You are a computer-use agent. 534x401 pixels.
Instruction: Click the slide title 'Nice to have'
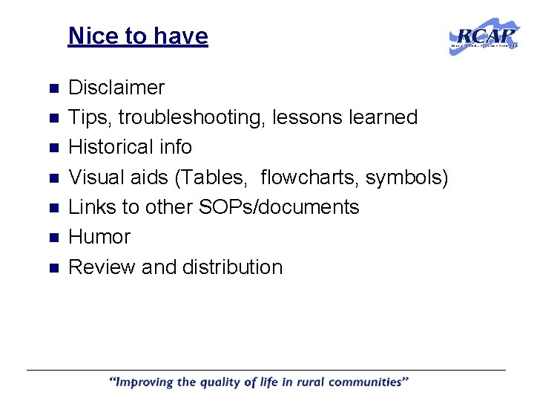(138, 36)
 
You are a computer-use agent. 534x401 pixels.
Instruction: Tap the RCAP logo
(484, 36)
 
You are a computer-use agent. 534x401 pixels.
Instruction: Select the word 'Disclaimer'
(116, 88)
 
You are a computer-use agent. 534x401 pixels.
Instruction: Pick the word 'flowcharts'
(309, 177)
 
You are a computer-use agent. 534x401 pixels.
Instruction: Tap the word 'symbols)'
(406, 177)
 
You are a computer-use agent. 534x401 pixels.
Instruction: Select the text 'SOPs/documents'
(278, 207)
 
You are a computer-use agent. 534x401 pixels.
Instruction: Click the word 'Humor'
(99, 237)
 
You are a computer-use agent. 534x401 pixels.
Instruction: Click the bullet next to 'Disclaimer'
(53, 88)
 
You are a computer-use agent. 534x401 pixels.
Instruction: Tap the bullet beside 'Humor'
(53, 238)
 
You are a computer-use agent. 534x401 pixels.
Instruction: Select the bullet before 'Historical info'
(53, 148)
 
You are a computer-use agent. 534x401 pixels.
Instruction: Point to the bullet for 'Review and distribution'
(53, 267)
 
